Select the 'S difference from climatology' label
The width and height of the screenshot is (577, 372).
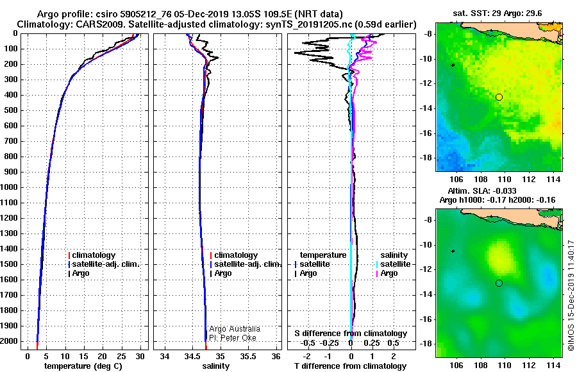(x=350, y=334)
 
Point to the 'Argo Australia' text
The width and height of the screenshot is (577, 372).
(x=235, y=328)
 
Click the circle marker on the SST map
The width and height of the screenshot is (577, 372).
(x=499, y=97)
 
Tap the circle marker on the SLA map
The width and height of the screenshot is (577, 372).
(x=499, y=283)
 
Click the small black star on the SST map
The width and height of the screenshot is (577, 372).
(x=453, y=65)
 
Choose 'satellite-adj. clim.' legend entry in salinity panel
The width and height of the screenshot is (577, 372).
(x=247, y=264)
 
